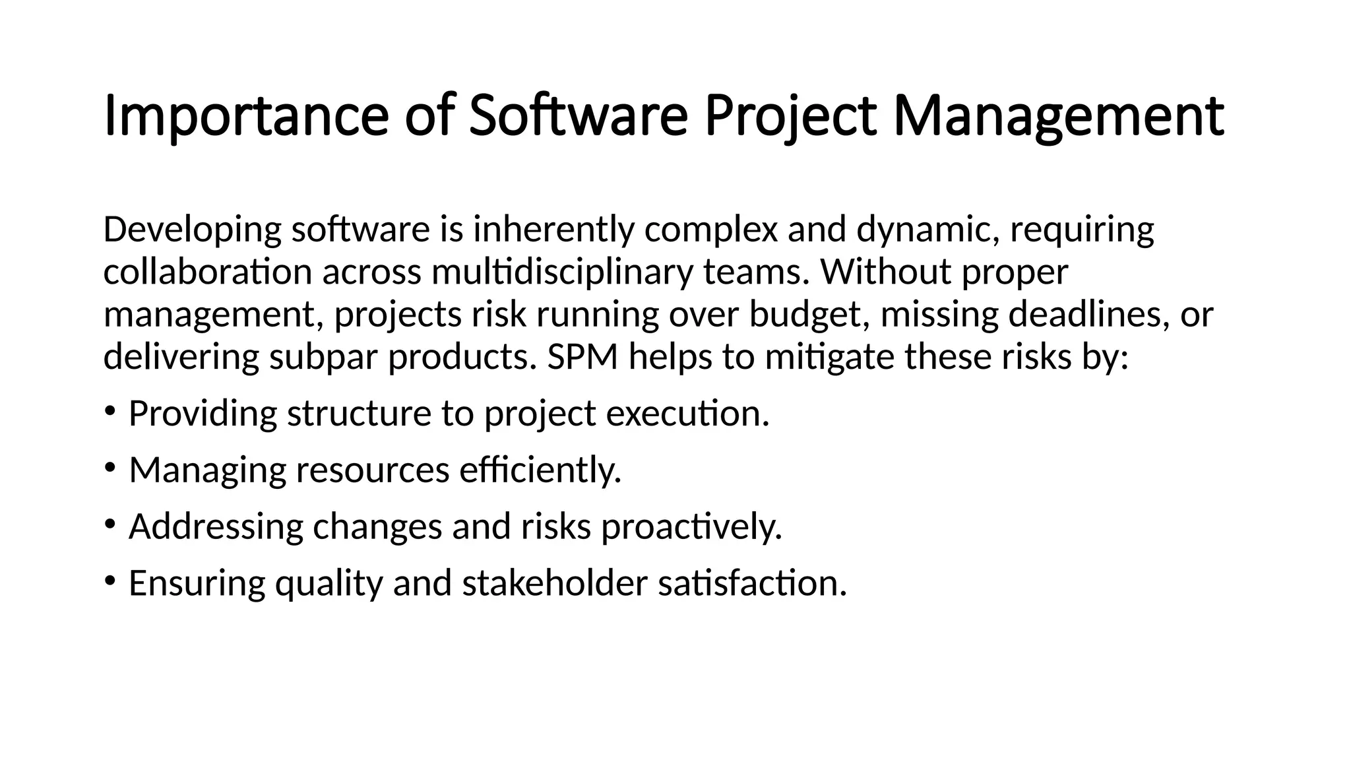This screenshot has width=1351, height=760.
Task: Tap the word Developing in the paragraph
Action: pyautogui.click(x=192, y=230)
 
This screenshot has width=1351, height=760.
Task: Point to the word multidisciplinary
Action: pyautogui.click(x=562, y=272)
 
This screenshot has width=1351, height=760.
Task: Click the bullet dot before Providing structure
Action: pyautogui.click(x=110, y=411)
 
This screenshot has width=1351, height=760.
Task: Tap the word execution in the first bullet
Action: pyautogui.click(x=687, y=414)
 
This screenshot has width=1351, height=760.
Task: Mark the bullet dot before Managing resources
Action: pyautogui.click(x=110, y=467)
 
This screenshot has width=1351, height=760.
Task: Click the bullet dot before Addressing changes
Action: pyautogui.click(x=110, y=524)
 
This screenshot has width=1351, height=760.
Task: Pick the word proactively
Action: pyautogui.click(x=691, y=526)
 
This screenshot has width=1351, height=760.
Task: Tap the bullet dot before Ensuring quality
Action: pyautogui.click(x=110, y=581)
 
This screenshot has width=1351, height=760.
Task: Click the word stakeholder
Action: pyautogui.click(x=555, y=583)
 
